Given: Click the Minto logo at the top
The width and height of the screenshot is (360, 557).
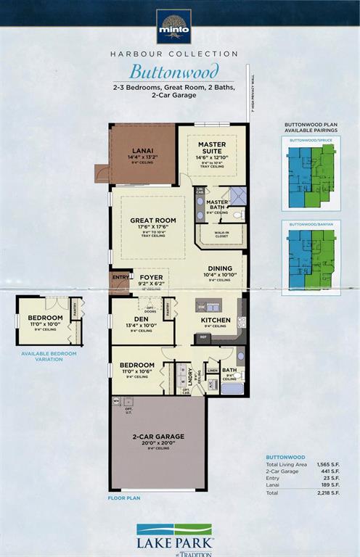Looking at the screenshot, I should [x=174, y=27].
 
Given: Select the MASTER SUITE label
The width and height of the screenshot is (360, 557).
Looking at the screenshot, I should [x=212, y=148].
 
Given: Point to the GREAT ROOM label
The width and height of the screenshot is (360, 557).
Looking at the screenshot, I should [x=153, y=220].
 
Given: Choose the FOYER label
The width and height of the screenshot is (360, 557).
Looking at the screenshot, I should [x=152, y=276].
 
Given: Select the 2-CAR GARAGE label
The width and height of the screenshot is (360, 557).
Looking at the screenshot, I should [x=157, y=437].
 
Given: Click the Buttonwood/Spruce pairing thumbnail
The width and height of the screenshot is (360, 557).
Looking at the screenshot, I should [x=311, y=177].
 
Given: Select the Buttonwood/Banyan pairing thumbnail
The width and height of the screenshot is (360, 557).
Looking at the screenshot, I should [x=311, y=259].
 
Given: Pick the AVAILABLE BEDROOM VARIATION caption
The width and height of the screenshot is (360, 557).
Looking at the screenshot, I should [x=46, y=356].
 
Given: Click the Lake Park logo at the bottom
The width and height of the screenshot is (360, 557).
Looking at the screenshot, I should [x=174, y=537].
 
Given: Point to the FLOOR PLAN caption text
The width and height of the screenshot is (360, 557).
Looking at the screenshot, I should [x=123, y=498].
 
